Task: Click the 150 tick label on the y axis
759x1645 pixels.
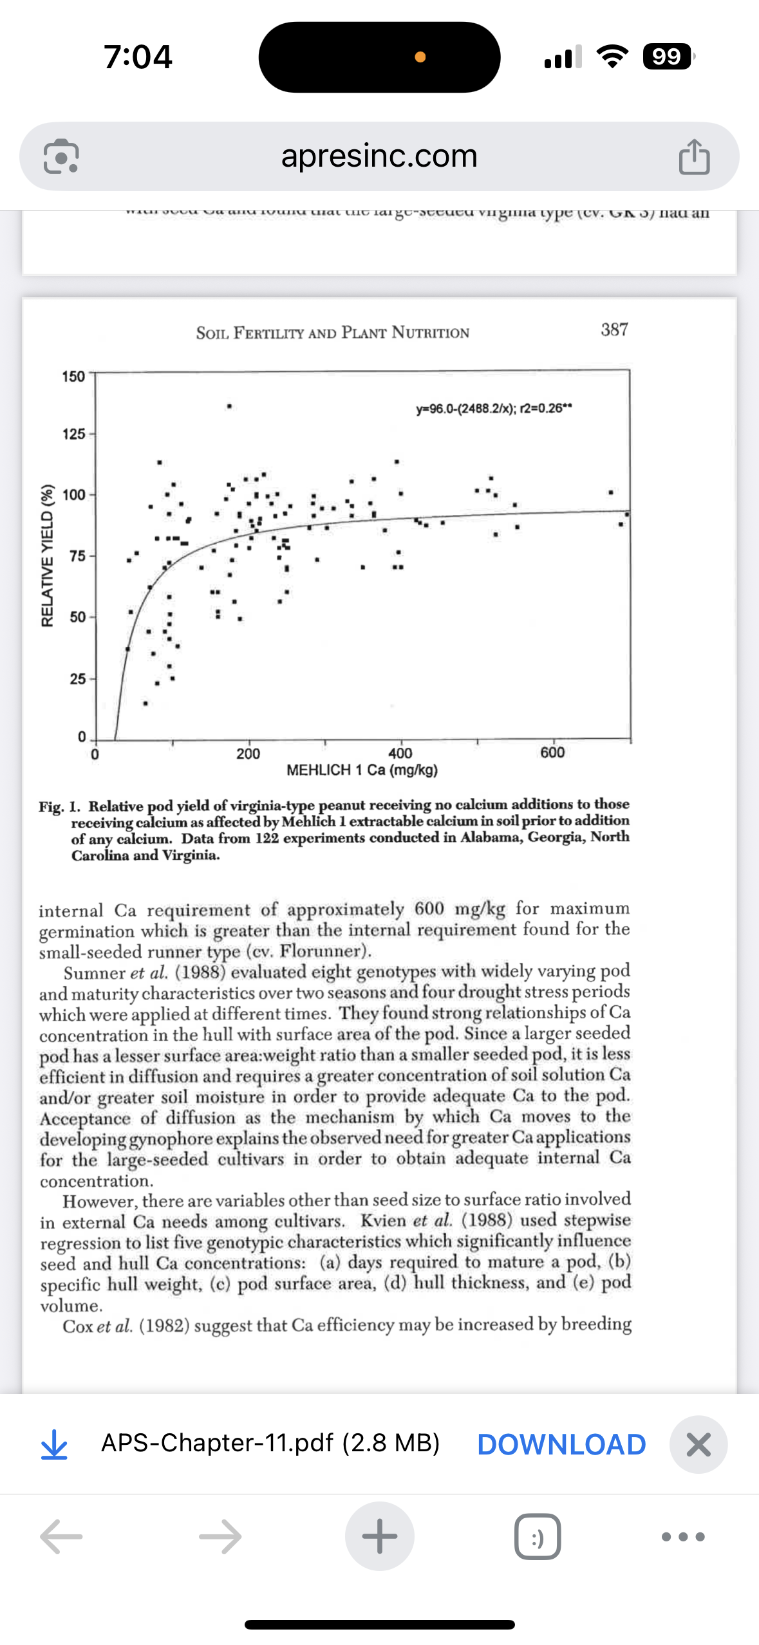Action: click(x=73, y=376)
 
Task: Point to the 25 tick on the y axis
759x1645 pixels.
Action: click(x=77, y=679)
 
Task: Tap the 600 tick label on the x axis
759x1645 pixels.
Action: click(x=552, y=752)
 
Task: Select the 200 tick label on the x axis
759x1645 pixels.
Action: click(x=248, y=754)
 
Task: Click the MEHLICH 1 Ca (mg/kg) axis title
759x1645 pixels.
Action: click(x=362, y=770)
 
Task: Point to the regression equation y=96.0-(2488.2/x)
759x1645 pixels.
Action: click(x=494, y=408)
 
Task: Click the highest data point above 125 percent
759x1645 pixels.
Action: click(x=229, y=407)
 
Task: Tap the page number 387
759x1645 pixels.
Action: click(x=614, y=330)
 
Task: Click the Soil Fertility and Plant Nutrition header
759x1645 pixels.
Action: click(x=333, y=333)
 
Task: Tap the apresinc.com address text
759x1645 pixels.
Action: click(x=379, y=156)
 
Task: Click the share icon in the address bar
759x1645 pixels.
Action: click(x=694, y=156)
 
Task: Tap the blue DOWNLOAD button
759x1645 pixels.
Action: click(x=561, y=1444)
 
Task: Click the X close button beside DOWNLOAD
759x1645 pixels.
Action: click(x=698, y=1444)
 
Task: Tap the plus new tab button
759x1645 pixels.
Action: click(x=379, y=1536)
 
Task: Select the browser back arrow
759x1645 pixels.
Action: click(x=61, y=1536)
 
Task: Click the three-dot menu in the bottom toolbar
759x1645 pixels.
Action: click(x=683, y=1536)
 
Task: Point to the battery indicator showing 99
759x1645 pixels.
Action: click(x=668, y=57)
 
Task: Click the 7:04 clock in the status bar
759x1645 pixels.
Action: click(x=138, y=57)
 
